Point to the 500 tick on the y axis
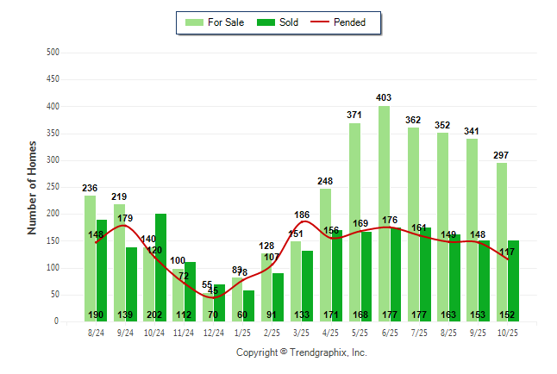[x=53, y=53]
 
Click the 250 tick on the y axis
[x=53, y=187]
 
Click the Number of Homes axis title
[x=32, y=187]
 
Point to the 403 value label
[x=384, y=98]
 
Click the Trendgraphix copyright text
[x=302, y=352]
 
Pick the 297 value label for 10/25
[x=501, y=155]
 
